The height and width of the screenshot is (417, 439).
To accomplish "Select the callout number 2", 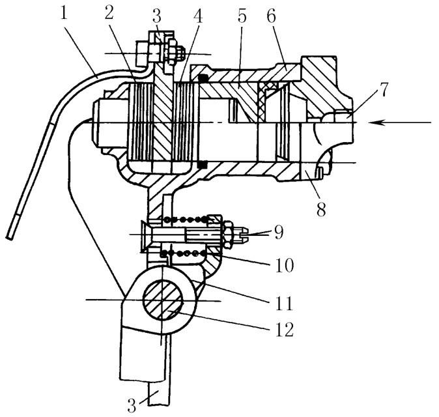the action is click(x=109, y=10).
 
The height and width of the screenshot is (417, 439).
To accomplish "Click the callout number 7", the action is click(x=383, y=89).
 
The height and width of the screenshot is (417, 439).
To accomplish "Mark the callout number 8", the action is click(x=321, y=209).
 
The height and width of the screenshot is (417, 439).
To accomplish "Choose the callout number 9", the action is click(x=279, y=232).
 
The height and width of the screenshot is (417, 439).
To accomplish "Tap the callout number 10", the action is click(x=285, y=265).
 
